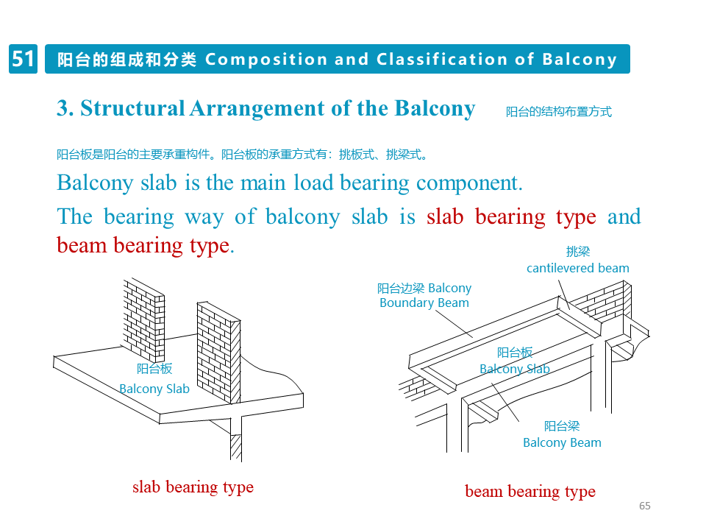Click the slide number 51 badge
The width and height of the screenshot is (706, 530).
pos(23,59)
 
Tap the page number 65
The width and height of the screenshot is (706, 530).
pos(645,506)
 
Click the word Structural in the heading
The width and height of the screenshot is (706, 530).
pos(132,108)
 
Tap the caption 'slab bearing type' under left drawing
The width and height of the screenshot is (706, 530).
pos(193,487)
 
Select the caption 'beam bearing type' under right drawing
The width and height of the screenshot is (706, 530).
pos(530,492)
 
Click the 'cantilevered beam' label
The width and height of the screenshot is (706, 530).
pos(577,268)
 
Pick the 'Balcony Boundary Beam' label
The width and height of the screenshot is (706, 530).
pos(424,295)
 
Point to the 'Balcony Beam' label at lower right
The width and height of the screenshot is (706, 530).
pos(562,442)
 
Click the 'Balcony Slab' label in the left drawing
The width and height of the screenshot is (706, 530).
pos(154,389)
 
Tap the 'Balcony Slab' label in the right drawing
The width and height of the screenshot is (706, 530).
pos(515,369)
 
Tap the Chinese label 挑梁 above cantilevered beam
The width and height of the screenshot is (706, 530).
pos(577,252)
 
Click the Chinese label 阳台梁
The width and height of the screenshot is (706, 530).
pos(562,426)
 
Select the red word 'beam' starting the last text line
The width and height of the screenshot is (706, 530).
pos(82,245)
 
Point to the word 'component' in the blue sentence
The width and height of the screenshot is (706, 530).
pos(466,183)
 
